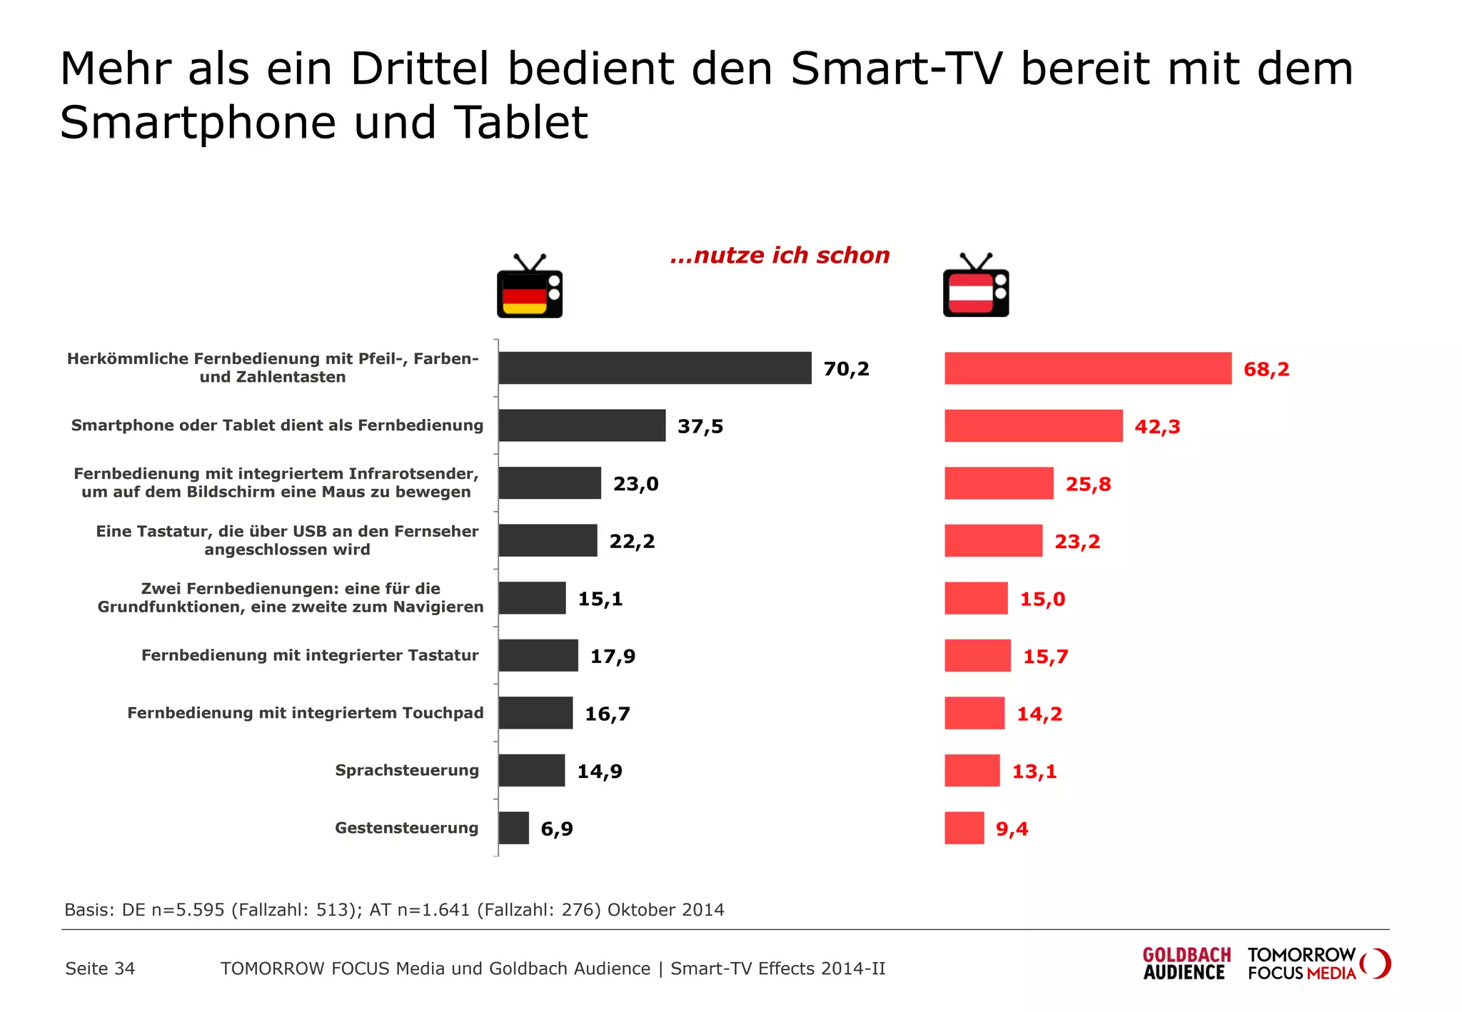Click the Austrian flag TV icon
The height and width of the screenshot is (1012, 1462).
point(976,286)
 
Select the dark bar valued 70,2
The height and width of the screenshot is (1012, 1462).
point(655,368)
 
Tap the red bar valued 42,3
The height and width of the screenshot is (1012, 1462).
point(1033,426)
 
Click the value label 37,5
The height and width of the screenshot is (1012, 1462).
point(700,427)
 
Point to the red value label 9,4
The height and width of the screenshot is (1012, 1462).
point(1012,829)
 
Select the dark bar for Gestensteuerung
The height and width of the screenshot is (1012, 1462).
point(513,828)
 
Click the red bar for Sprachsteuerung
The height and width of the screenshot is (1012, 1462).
point(972,771)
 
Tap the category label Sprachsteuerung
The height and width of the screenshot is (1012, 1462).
point(407,771)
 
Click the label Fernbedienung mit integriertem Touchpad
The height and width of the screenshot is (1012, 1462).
point(306,713)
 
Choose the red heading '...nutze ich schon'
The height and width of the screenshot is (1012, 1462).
point(780,255)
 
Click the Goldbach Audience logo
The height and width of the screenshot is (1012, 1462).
point(1186,964)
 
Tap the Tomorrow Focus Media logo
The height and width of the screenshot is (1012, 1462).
point(1318,964)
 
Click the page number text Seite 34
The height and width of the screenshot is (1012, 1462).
point(100,969)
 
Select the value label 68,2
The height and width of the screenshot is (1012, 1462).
point(1266,370)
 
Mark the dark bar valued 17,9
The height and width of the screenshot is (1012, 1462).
point(538,655)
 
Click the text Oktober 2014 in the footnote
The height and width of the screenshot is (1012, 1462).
point(665,910)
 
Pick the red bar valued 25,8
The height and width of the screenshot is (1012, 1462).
point(999,483)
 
